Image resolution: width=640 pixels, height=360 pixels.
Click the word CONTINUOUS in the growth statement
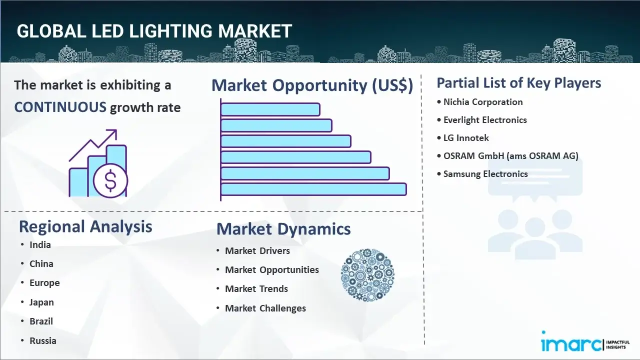[x=60, y=107]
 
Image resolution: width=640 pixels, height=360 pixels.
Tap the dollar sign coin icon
[x=110, y=181]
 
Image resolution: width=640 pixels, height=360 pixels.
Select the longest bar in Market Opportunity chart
[x=313, y=189]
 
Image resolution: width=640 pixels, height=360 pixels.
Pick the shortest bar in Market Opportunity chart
[x=270, y=109]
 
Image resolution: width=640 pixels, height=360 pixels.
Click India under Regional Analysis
[x=40, y=245]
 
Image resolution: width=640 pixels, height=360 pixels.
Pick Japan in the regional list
[x=41, y=302]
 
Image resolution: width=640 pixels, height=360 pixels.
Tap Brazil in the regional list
[x=41, y=321]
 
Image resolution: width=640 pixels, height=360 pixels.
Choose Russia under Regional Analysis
[x=43, y=341]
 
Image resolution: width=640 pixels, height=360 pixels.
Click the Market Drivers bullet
[x=257, y=251]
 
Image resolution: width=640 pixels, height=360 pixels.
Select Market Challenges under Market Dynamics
[x=265, y=308]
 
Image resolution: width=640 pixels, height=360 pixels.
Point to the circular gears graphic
[x=367, y=275]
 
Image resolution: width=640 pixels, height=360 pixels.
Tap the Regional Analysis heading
[x=85, y=226]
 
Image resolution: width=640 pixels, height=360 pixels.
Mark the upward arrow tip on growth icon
[x=116, y=130]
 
